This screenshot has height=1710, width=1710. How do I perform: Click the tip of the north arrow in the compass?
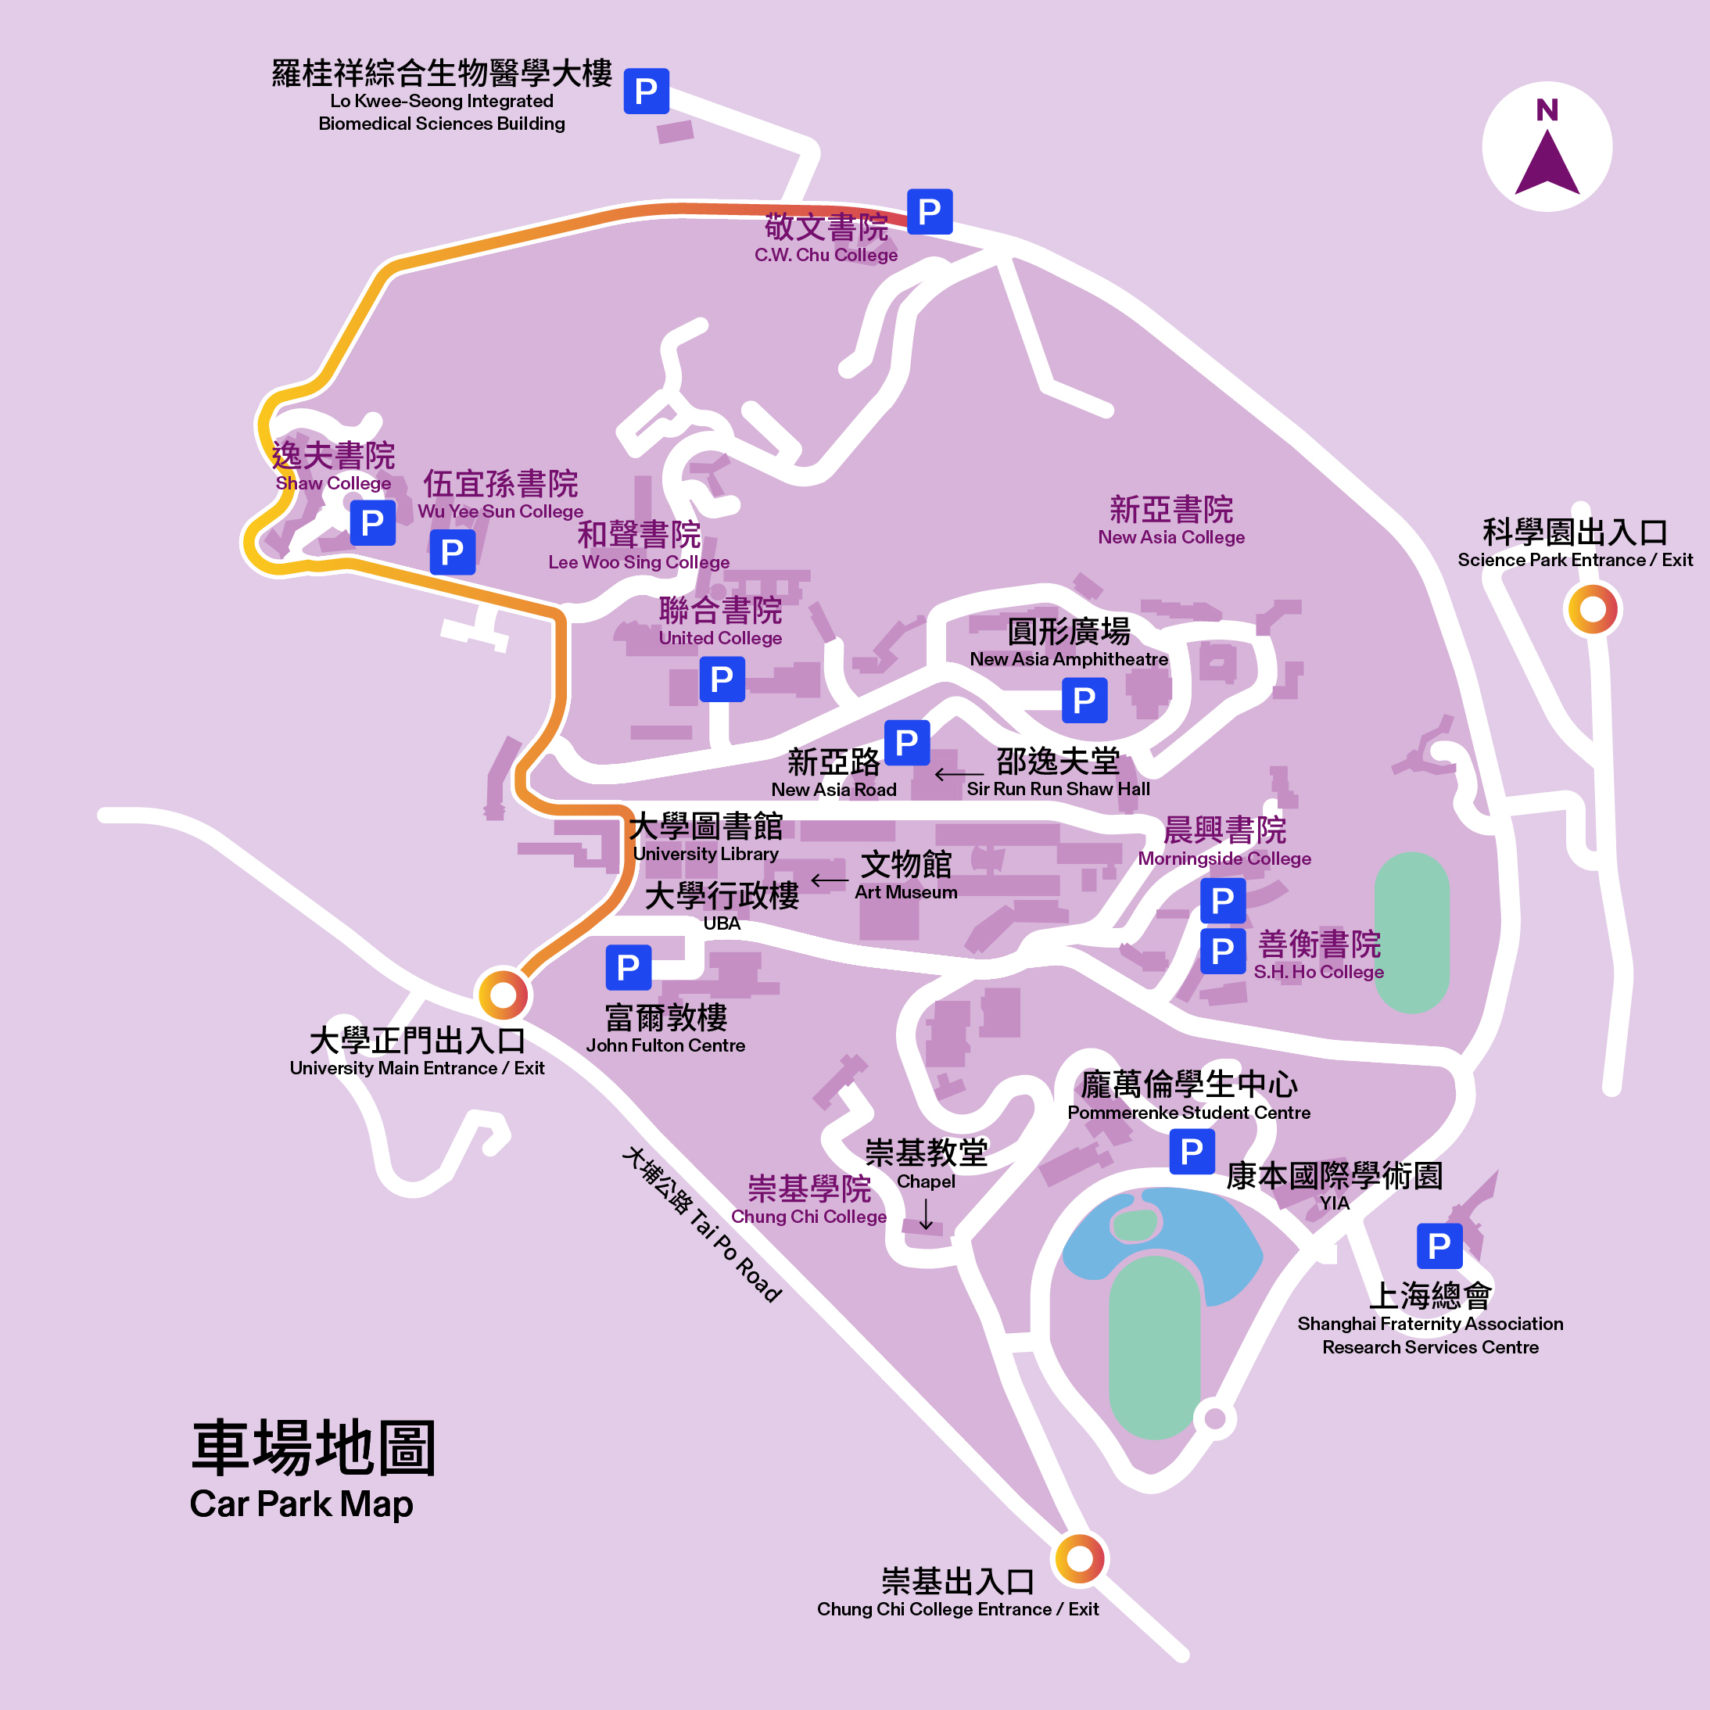tap(1547, 130)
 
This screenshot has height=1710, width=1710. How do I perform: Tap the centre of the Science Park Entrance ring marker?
tap(1592, 609)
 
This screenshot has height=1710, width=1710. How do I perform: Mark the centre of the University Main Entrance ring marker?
tap(503, 994)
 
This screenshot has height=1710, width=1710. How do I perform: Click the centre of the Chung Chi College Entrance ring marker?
tap(1079, 1558)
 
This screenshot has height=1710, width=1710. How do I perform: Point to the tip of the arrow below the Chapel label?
tap(926, 1230)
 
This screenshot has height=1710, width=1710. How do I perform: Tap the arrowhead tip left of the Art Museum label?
tap(812, 880)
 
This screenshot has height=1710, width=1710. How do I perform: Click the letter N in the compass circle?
tap(1547, 109)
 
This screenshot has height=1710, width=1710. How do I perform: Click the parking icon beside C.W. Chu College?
tap(930, 212)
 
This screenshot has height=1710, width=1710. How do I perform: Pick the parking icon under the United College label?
tap(722, 679)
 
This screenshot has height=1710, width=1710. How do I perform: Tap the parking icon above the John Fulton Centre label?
tap(629, 967)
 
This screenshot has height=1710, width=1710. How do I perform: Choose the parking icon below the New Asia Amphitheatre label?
tap(1084, 700)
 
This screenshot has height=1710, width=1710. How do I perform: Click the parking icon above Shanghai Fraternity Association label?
tap(1439, 1246)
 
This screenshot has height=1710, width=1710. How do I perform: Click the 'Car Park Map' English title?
tap(301, 1504)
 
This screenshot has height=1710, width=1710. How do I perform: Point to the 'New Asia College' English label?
tap(1171, 537)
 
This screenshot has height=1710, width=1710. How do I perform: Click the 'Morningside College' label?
tap(1224, 859)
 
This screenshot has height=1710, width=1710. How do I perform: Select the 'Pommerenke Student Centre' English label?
tap(1188, 1113)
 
